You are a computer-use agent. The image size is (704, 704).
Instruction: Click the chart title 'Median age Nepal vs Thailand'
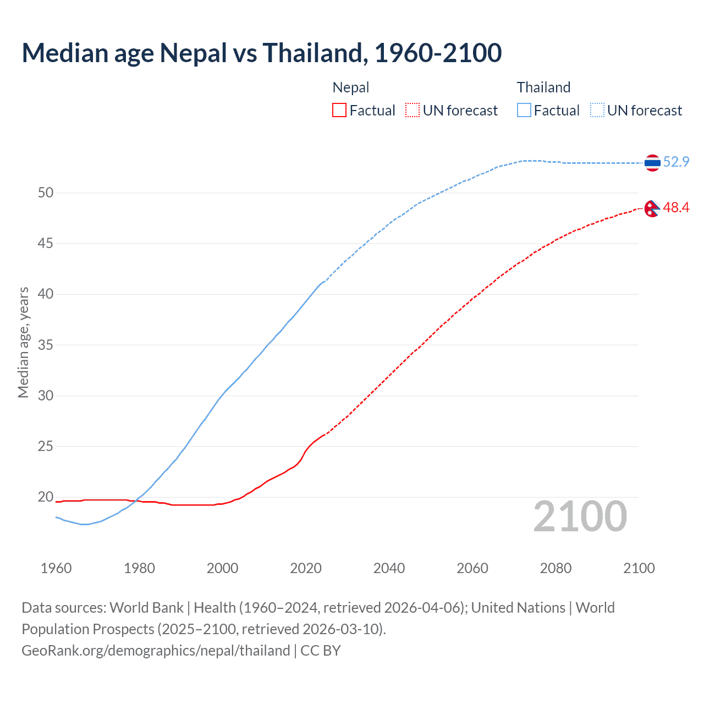pyautogui.click(x=261, y=53)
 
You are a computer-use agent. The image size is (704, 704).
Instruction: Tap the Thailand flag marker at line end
pyautogui.click(x=652, y=163)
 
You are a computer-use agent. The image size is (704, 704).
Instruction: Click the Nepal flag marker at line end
pyautogui.click(x=652, y=208)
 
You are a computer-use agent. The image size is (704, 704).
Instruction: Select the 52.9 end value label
pyautogui.click(x=676, y=162)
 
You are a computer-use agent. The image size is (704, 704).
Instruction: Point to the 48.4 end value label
pyautogui.click(x=676, y=207)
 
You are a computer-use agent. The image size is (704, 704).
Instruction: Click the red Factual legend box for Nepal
pyautogui.click(x=339, y=111)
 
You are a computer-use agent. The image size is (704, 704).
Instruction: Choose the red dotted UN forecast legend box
pyautogui.click(x=413, y=111)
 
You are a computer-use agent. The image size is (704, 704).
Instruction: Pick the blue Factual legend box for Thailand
pyautogui.click(x=524, y=111)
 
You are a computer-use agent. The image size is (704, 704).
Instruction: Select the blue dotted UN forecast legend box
pyautogui.click(x=597, y=111)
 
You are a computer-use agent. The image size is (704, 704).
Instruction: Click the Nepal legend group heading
pyautogui.click(x=351, y=87)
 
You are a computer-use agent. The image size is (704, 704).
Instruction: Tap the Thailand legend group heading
pyautogui.click(x=543, y=87)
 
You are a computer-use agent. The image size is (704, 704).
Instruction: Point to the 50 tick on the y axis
pyautogui.click(x=46, y=193)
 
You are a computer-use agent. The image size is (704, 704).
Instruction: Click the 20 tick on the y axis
pyautogui.click(x=46, y=497)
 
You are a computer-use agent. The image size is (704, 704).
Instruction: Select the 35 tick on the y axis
pyautogui.click(x=46, y=345)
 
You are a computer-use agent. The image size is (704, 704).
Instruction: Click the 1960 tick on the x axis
pyautogui.click(x=56, y=568)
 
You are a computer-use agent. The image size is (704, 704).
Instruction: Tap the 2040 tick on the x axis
pyautogui.click(x=389, y=568)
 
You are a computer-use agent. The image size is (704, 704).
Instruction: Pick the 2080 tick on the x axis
pyautogui.click(x=555, y=568)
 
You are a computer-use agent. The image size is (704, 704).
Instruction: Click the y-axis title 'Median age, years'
pyautogui.click(x=23, y=342)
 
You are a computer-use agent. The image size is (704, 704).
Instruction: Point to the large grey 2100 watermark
pyautogui.click(x=580, y=516)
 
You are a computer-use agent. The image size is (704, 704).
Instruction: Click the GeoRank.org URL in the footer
pyautogui.click(x=156, y=651)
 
